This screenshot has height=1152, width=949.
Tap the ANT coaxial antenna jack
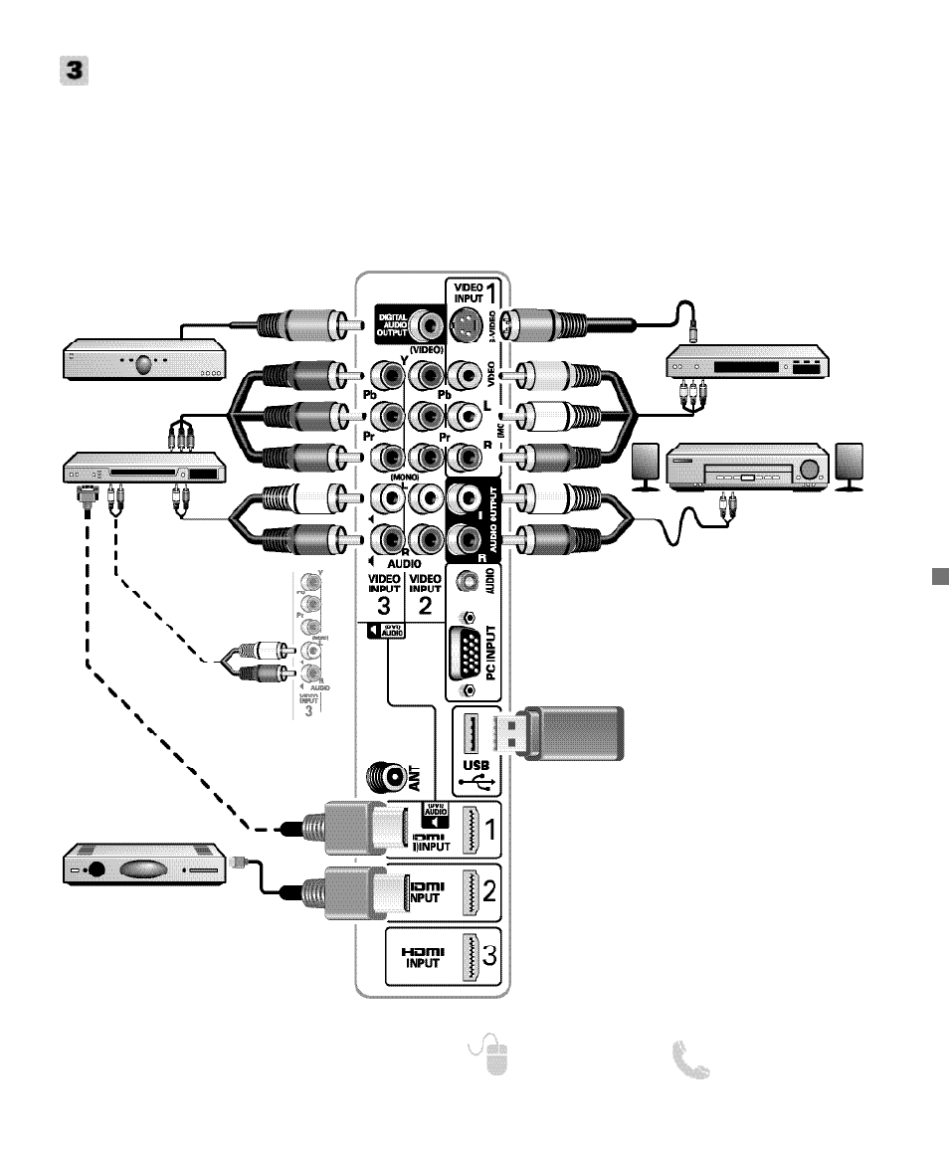click(x=387, y=776)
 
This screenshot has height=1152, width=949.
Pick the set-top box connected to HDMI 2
click(x=145, y=864)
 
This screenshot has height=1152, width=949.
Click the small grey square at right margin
click(x=937, y=578)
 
